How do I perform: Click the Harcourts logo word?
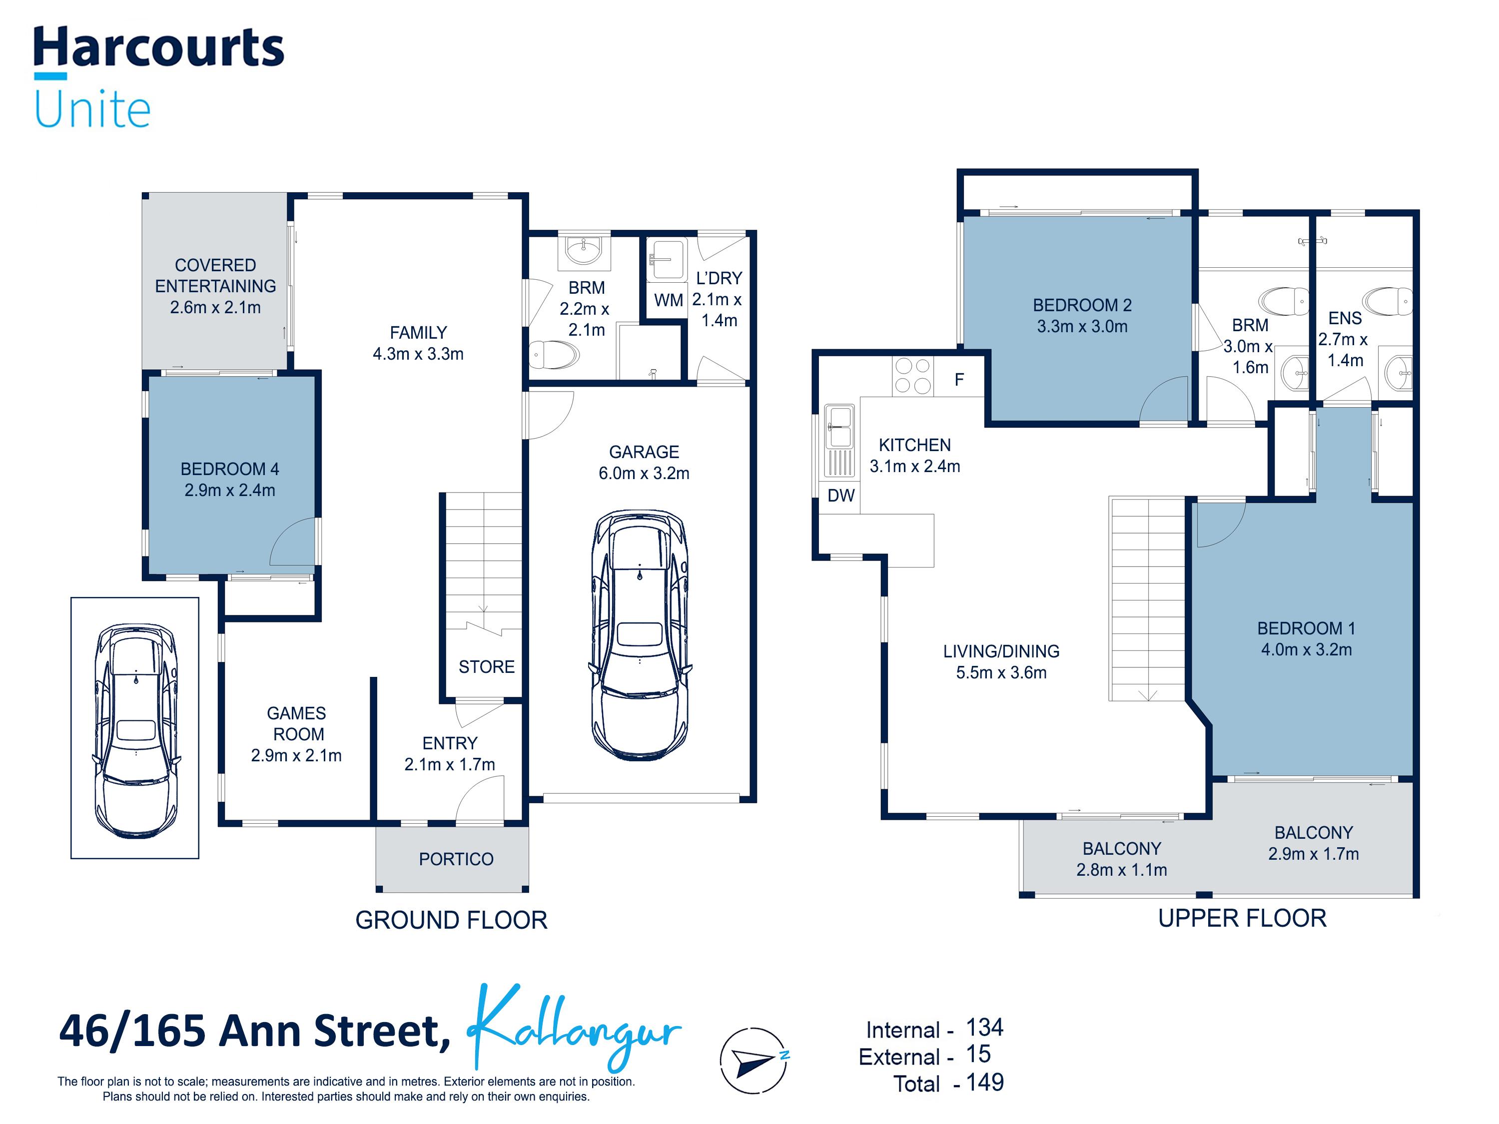coord(158,47)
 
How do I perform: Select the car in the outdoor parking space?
coord(135,730)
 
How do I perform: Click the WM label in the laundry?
coord(668,300)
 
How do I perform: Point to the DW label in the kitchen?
coord(841,495)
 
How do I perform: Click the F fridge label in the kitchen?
coord(959,379)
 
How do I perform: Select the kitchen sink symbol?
coord(839,441)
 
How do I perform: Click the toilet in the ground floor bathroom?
coord(554,354)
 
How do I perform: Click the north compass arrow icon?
coord(753,1061)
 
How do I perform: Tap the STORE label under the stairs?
coord(487,667)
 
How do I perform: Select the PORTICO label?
coord(456,859)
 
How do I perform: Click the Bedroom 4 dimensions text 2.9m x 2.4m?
coord(230,490)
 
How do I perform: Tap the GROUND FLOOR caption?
coord(451,920)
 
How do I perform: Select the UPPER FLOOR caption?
coord(1242,918)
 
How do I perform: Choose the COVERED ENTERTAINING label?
coord(215,276)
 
